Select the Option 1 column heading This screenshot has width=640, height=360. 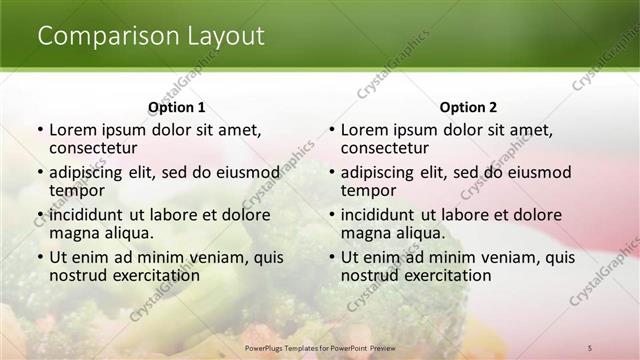pyautogui.click(x=176, y=107)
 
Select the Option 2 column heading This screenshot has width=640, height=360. pyautogui.click(x=468, y=107)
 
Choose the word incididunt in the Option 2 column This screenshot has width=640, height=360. pyautogui.click(x=381, y=214)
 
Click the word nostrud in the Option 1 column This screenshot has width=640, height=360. pyautogui.click(x=76, y=275)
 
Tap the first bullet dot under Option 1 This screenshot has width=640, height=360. pyautogui.click(x=40, y=130)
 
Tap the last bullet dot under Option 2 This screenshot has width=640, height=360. pyautogui.click(x=332, y=257)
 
